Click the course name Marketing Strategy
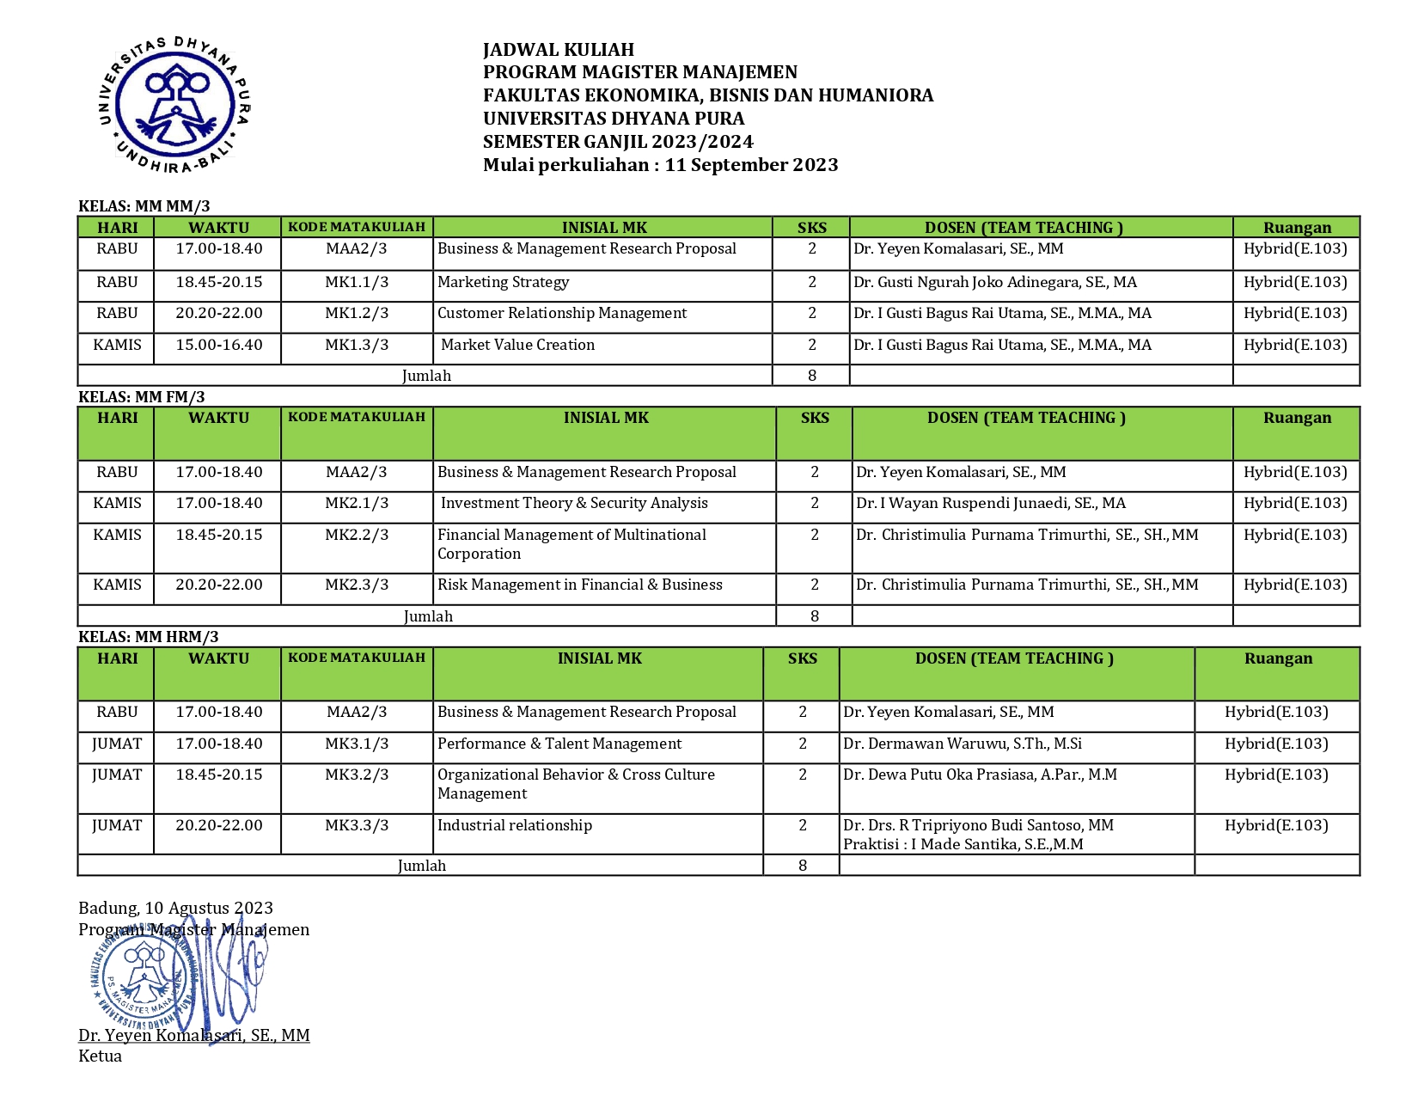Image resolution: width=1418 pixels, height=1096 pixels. (503, 282)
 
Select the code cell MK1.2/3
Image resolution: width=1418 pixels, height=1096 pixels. (357, 313)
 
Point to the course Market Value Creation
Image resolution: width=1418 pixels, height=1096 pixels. (517, 345)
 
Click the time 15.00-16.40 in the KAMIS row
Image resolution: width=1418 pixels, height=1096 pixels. (219, 345)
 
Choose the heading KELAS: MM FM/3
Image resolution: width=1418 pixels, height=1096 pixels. (142, 396)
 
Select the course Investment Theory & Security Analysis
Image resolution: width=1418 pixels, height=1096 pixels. (574, 503)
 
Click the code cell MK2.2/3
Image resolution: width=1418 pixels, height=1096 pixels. (357, 535)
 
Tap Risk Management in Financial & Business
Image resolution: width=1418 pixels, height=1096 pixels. (579, 585)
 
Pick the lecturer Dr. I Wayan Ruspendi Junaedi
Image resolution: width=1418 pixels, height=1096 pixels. (990, 503)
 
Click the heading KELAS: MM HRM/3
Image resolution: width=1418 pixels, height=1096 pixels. (149, 637)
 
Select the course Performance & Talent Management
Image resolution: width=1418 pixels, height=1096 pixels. (559, 744)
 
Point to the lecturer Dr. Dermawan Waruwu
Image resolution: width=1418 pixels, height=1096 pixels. (962, 744)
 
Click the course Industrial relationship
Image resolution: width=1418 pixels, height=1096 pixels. (514, 825)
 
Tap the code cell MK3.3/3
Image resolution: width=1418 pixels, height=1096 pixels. (357, 825)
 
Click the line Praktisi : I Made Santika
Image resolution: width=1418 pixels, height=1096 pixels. (963, 844)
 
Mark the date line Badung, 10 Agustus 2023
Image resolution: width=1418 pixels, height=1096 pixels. (175, 908)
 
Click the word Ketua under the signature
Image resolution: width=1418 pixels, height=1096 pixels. (100, 1056)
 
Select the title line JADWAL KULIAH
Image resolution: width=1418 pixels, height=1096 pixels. (558, 50)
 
